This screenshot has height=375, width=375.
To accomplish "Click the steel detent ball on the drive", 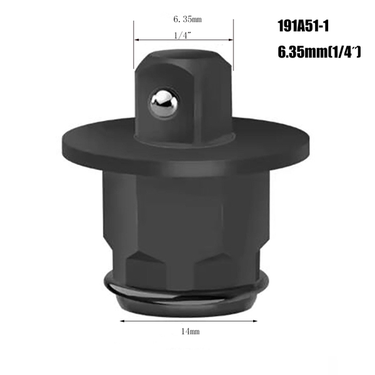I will pyautogui.click(x=164, y=102).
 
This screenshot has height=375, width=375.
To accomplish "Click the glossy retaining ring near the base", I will pyautogui.click(x=187, y=295).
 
